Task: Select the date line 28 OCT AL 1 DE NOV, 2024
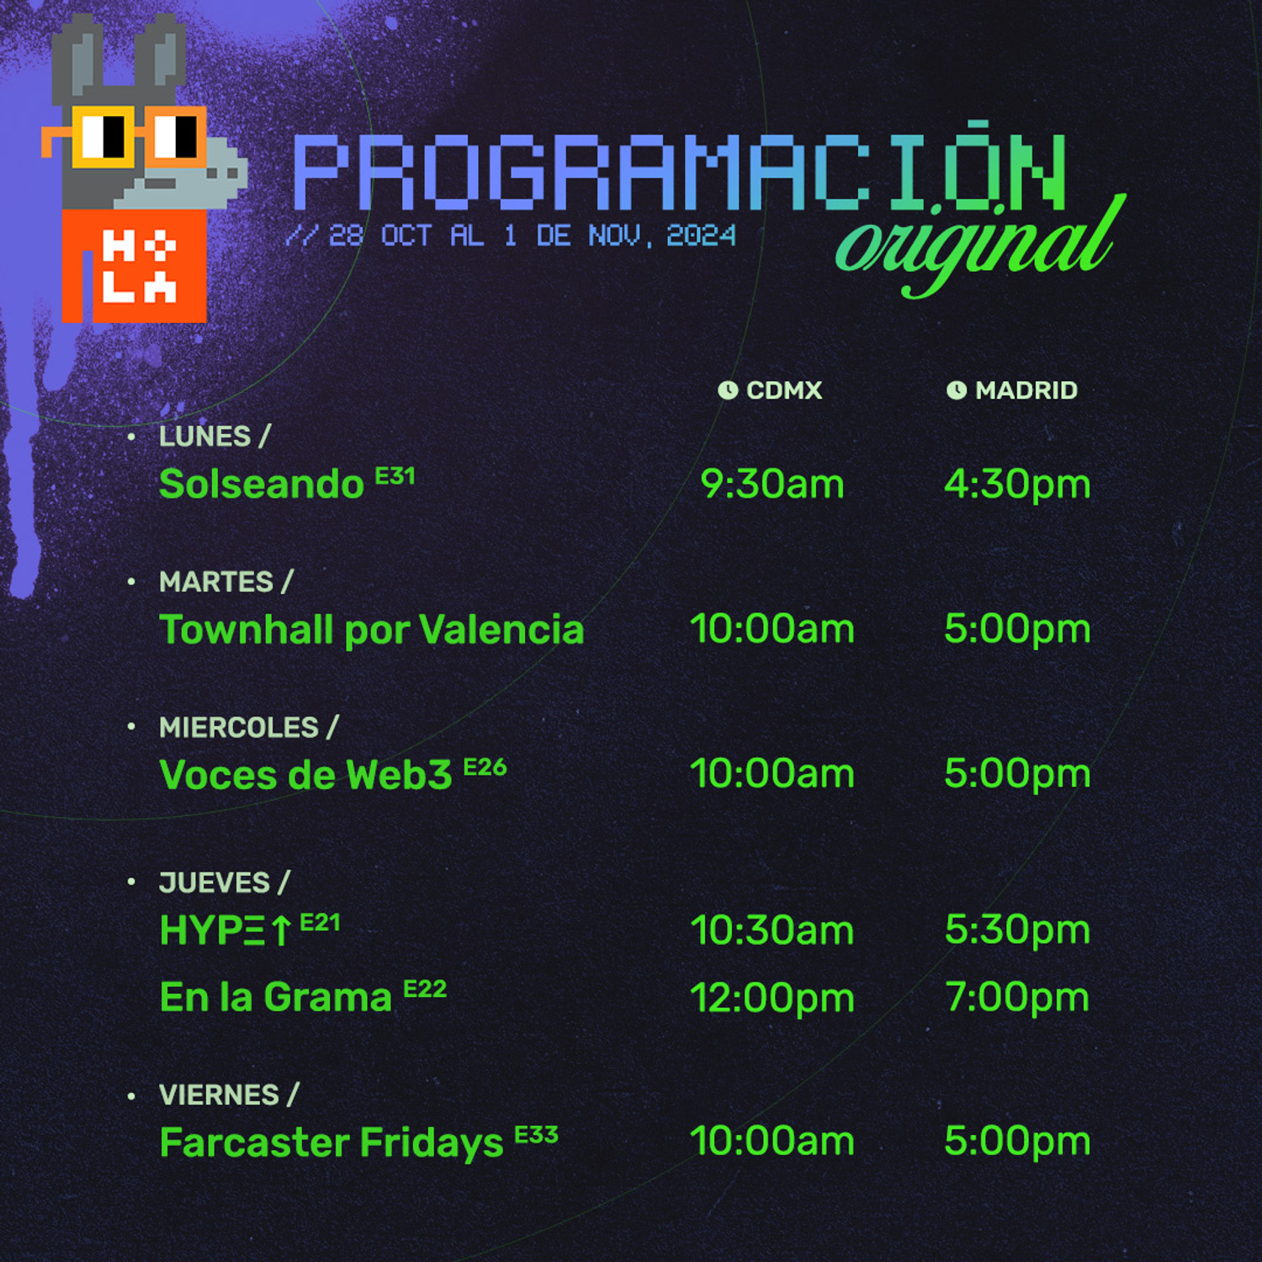[511, 236]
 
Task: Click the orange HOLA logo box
[135, 267]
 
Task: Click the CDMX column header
[783, 390]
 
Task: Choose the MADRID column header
[1026, 390]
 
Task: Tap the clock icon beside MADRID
[956, 390]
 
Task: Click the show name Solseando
[261, 485]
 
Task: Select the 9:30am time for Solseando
[772, 485]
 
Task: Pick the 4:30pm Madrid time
[1016, 485]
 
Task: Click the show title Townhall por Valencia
[371, 629]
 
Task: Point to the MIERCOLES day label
[239, 728]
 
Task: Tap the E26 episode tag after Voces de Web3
[485, 767]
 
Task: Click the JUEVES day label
[215, 883]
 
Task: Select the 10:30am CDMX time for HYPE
[772, 931]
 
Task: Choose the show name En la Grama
[276, 998]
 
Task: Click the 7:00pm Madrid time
[1016, 998]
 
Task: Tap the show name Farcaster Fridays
[331, 1143]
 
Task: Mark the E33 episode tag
[536, 1135]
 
